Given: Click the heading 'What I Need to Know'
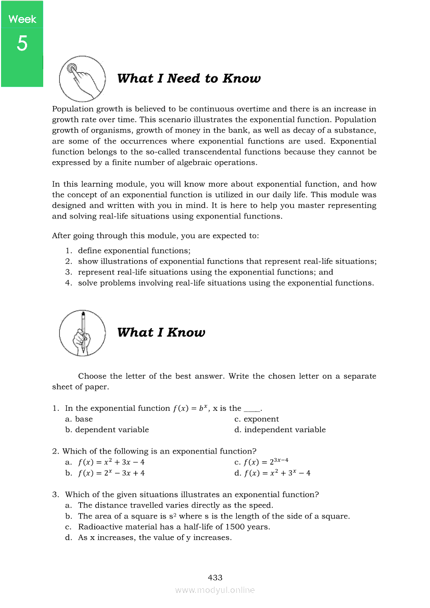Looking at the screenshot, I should point(188,79).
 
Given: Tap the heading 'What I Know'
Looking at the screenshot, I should point(161,332).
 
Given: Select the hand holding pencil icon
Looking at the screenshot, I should point(82,333).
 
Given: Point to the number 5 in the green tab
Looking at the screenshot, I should point(21,44).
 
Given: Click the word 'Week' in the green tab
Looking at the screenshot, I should point(22,19).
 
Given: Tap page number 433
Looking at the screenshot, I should point(215,577).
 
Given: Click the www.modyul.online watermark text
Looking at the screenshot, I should point(215,590).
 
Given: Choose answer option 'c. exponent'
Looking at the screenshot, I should point(257,419).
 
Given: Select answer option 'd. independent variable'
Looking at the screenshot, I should point(280,430).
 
